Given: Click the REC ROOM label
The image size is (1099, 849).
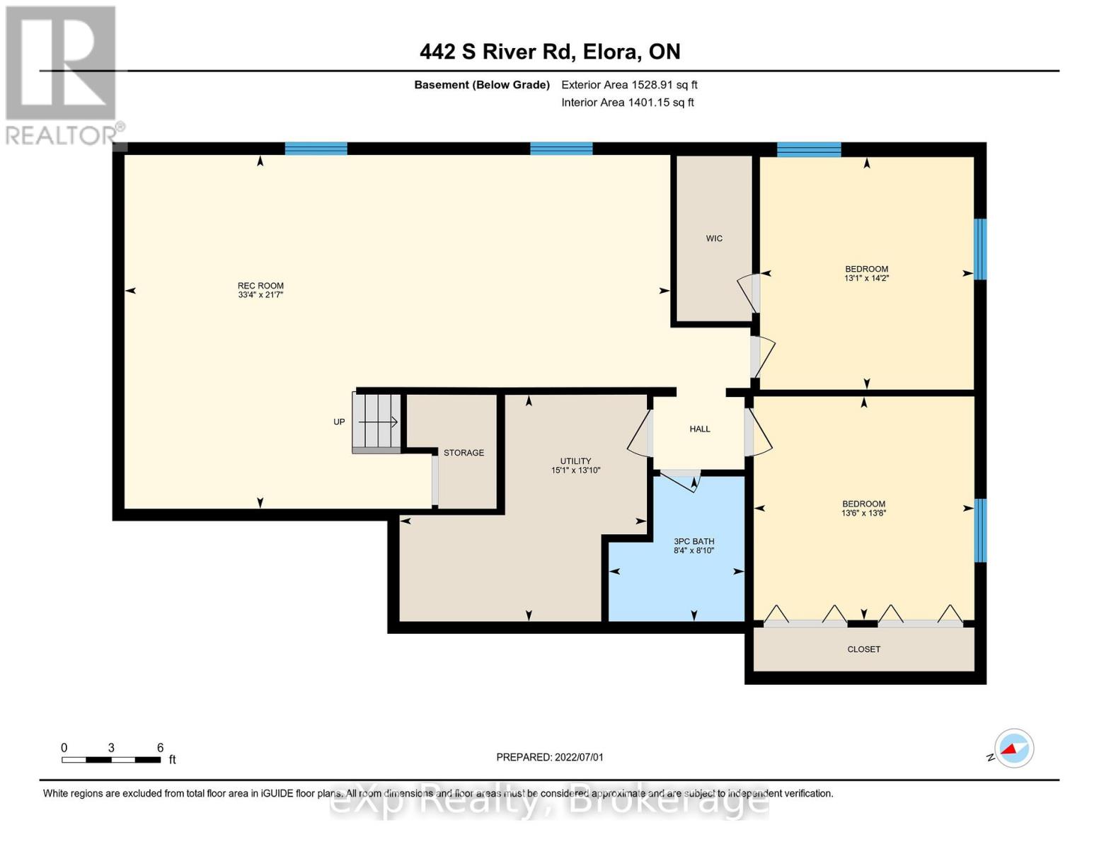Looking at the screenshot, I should click(260, 286).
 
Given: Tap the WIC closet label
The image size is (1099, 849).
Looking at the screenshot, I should click(714, 238).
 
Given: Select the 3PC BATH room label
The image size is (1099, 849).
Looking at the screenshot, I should click(694, 541).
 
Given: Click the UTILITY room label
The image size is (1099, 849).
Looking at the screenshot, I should click(575, 461).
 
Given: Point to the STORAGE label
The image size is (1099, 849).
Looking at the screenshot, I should click(464, 453).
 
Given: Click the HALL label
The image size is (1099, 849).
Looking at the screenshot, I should click(699, 429).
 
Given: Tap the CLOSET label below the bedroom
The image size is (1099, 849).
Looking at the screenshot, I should click(863, 649).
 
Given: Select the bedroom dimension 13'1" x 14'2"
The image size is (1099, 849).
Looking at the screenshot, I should click(866, 279).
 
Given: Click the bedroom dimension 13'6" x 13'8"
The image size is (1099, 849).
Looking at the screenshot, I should click(863, 514).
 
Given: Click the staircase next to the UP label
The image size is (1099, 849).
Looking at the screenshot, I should click(377, 422).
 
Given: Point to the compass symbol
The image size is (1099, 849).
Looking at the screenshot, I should click(1013, 749).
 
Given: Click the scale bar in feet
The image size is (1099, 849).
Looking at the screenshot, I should click(111, 760).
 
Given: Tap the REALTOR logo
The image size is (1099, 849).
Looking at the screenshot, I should click(62, 74).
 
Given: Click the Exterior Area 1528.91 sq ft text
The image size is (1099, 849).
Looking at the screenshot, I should click(629, 85).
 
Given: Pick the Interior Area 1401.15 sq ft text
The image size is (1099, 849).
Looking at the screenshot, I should click(627, 103).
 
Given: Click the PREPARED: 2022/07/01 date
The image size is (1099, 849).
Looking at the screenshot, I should click(550, 757).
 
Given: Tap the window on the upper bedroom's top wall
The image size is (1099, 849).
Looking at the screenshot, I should click(809, 149).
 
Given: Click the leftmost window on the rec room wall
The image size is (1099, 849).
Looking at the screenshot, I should click(316, 149).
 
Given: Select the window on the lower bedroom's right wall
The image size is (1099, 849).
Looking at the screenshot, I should click(980, 531).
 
